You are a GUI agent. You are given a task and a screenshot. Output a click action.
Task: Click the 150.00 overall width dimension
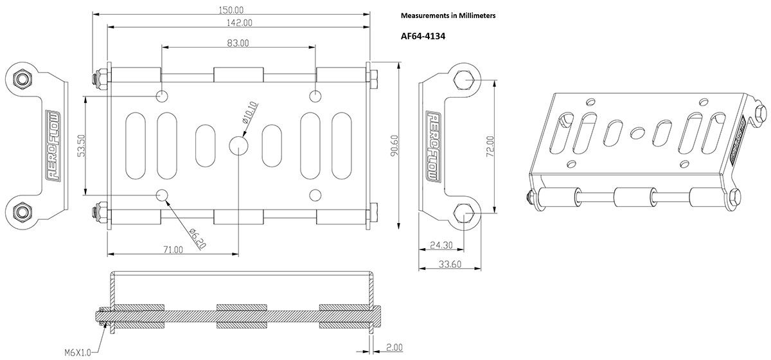[231, 10]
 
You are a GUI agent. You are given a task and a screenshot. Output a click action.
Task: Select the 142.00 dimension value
[238, 23]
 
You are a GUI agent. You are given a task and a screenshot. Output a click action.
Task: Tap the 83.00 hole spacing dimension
[238, 43]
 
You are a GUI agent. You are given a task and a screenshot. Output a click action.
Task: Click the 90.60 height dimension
[394, 146]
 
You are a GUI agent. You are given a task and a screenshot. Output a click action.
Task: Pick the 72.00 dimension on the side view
[490, 146]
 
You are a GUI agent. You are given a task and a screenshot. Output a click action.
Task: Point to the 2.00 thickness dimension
[394, 347]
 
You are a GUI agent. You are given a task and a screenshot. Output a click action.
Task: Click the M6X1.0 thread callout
[78, 352]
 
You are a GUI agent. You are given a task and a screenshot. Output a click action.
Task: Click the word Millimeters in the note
[473, 15]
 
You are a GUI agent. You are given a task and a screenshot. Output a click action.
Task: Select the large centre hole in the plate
[238, 145]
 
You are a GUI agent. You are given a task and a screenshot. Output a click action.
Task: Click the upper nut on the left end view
[23, 79]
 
